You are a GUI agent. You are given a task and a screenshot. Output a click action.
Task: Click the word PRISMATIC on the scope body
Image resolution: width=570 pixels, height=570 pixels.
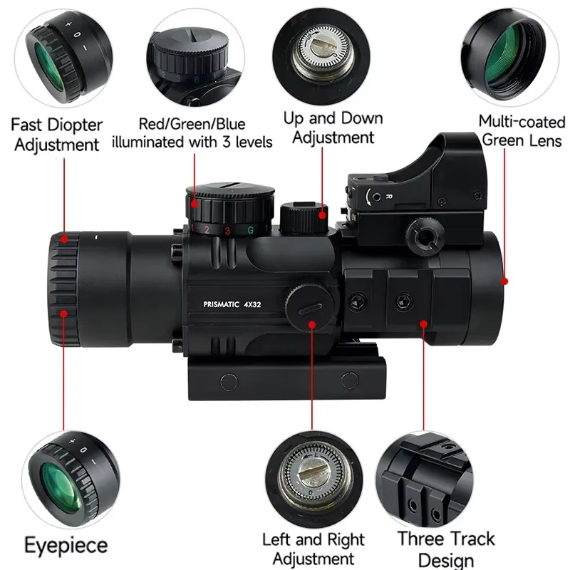click(221, 304)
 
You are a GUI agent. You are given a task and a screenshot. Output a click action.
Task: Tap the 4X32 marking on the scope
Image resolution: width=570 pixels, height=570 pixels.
click(252, 304)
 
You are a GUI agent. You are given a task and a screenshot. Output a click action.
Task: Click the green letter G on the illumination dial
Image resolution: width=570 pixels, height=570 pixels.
click(250, 230)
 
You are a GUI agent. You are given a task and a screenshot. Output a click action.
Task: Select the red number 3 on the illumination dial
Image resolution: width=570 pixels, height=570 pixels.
click(227, 231)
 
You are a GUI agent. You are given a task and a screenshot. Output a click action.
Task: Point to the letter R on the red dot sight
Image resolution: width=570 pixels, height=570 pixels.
click(388, 197)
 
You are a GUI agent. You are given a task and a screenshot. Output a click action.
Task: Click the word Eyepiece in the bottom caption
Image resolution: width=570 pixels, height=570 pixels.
click(66, 545)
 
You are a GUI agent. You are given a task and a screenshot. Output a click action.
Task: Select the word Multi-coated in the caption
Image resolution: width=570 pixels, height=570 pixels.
click(522, 122)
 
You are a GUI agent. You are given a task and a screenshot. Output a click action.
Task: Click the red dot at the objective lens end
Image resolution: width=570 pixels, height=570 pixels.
click(504, 281)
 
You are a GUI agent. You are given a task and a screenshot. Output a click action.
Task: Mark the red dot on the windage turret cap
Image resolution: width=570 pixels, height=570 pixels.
click(312, 324)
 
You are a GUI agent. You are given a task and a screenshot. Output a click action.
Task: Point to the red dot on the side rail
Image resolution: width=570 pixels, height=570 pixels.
click(423, 323)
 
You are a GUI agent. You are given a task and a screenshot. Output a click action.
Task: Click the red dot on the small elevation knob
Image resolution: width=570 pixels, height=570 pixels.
click(322, 215)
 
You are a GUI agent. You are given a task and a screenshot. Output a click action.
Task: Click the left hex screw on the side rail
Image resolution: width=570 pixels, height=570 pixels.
click(358, 302)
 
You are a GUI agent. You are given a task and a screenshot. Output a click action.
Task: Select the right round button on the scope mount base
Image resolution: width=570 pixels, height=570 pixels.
click(350, 380)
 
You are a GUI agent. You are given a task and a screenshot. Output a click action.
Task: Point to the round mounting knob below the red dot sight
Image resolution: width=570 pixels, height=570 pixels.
click(425, 235)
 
